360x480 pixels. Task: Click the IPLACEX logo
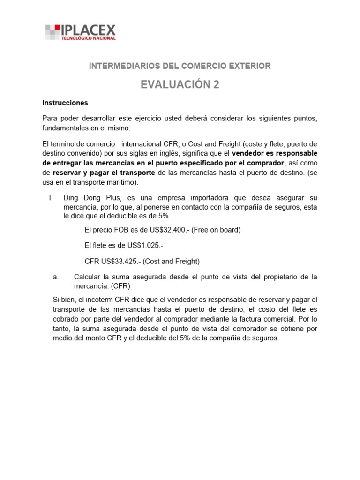coord(80,32)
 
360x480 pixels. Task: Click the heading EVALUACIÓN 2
coord(180,84)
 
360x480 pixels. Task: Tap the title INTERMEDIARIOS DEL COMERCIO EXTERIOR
coord(180,66)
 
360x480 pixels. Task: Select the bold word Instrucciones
coord(65,103)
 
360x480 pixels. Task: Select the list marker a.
coord(56,277)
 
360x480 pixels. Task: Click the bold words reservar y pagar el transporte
coord(104,173)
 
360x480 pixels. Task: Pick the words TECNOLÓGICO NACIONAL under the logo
coord(88,38)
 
